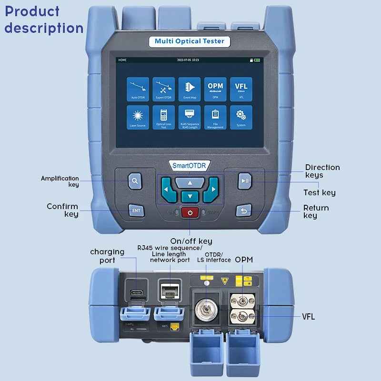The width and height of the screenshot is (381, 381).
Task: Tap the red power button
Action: pos(190,212)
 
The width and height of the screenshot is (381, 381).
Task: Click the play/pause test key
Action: pos(245,180)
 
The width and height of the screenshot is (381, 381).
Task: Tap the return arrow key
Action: pos(243,211)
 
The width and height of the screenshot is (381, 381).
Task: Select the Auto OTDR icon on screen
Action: pos(138,89)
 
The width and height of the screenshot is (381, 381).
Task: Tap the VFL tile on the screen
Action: pos(241,89)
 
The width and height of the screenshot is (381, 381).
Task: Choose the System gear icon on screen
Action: pos(241,117)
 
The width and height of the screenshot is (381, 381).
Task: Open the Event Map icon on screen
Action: pos(190,89)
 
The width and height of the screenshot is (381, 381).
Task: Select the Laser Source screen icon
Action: pos(138,117)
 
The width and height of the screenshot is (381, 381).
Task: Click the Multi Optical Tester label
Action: pos(190,41)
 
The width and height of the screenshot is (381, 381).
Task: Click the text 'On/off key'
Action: pos(191,241)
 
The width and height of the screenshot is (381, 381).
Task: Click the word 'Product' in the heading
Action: pos(32,11)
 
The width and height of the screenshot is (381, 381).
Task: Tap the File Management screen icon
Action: pos(215,117)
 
